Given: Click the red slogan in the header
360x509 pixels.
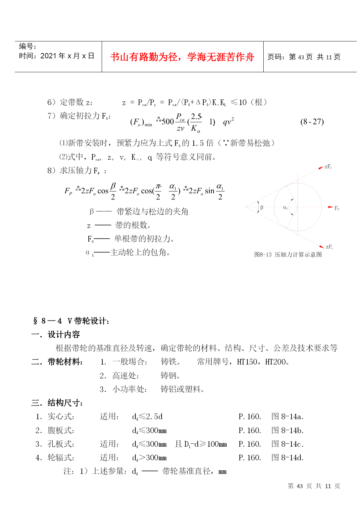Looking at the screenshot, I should [182, 57].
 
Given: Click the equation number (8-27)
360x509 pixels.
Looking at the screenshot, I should [312, 122].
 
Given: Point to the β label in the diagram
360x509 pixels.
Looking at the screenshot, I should [262, 207].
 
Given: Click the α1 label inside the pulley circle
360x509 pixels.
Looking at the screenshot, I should [285, 208].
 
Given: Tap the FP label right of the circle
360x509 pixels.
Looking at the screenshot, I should [336, 208].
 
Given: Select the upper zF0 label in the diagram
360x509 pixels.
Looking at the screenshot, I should [328, 167].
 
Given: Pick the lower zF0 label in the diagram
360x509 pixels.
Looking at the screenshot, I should [329, 247].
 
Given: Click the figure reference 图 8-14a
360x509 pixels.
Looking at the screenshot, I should [287, 417].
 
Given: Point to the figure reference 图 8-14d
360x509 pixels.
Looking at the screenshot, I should [287, 458].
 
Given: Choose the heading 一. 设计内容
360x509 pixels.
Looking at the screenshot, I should [56, 334].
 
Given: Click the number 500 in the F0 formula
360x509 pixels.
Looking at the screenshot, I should [168, 122].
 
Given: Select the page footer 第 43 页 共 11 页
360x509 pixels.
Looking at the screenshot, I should [314, 486].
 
